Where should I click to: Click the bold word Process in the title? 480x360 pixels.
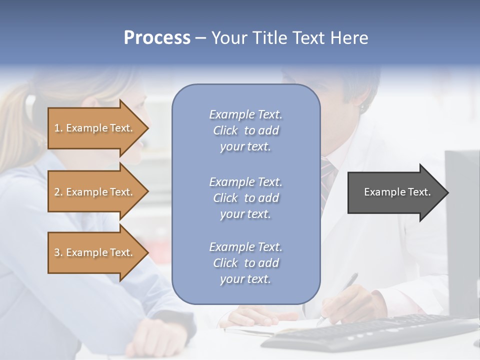157,38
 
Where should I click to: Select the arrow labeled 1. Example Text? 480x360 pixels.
95,128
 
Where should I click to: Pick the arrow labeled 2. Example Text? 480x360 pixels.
95,192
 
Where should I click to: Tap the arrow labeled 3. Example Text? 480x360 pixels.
95,252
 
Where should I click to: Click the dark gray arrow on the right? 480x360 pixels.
395,192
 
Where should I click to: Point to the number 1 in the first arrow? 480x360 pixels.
57,128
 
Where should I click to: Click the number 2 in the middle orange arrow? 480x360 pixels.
57,192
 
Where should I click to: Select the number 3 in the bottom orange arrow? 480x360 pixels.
57,252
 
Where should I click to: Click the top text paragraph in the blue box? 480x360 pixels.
245,130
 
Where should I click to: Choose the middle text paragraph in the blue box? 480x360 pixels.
245,198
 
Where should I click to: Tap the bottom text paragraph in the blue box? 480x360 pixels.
245,263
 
